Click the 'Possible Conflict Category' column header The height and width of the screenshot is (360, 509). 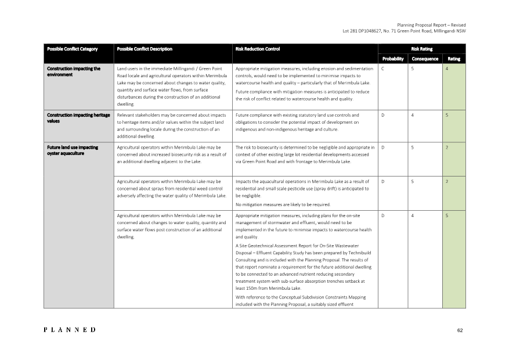click(x=72, y=49)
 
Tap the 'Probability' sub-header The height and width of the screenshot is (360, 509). click(x=393, y=59)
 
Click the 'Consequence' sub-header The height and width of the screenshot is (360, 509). click(x=425, y=59)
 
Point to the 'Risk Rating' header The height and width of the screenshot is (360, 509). click(x=421, y=49)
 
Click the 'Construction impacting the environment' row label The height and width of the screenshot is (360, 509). click(x=74, y=71)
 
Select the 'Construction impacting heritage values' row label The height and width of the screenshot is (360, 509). click(x=78, y=118)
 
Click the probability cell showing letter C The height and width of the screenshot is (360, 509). click(x=383, y=69)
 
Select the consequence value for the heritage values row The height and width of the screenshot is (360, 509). click(x=413, y=116)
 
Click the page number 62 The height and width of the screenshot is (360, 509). click(x=460, y=330)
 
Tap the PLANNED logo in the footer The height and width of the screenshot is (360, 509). click(x=70, y=330)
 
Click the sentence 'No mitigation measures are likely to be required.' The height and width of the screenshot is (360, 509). click(x=283, y=204)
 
